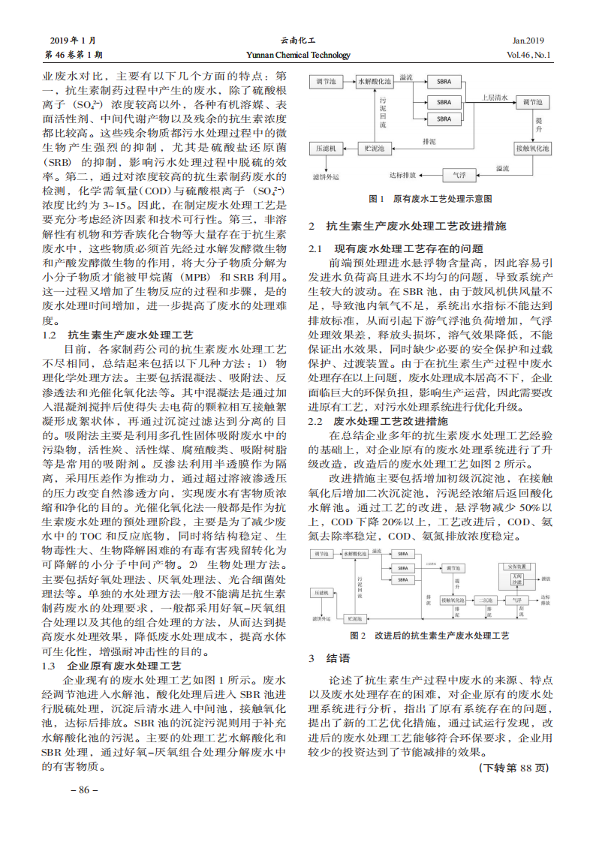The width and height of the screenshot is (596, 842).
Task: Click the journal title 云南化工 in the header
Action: point(298,41)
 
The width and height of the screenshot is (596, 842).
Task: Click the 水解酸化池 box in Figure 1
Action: point(375,80)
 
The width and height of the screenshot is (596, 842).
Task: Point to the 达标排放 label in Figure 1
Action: point(403,174)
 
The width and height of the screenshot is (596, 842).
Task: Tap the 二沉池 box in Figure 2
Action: point(485,600)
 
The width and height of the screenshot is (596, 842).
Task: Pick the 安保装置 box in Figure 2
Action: point(517,567)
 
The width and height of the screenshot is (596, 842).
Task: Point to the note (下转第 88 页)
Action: point(514,768)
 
